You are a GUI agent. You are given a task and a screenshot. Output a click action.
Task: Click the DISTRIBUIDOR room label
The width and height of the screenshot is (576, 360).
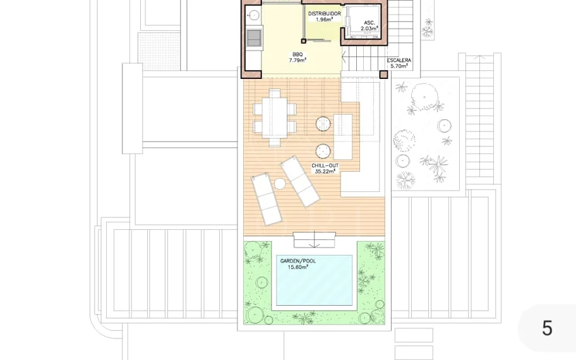click(325, 14)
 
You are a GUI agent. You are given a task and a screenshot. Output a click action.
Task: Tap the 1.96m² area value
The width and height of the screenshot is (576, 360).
click(324, 20)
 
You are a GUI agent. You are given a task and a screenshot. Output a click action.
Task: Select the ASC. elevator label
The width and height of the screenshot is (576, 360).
click(369, 23)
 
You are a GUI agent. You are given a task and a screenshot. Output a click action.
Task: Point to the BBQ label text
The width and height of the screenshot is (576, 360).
click(297, 54)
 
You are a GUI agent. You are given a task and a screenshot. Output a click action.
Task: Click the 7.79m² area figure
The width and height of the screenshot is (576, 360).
click(297, 60)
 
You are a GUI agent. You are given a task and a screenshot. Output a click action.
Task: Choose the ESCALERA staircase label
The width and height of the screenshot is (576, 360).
click(399, 60)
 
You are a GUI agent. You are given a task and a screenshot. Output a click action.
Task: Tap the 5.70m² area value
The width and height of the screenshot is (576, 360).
click(399, 66)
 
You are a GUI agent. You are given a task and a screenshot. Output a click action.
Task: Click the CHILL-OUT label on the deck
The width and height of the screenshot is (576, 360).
click(325, 165)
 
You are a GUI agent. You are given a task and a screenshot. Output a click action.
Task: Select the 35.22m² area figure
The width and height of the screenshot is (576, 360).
click(325, 171)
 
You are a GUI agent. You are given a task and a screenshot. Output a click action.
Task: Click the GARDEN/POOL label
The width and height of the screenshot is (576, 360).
click(298, 261)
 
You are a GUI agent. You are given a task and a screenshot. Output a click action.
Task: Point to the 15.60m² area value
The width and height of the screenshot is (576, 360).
click(298, 267)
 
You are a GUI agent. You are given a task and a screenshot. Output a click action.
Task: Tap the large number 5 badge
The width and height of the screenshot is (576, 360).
click(547, 328)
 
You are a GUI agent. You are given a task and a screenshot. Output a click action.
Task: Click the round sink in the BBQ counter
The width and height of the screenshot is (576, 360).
click(253, 15)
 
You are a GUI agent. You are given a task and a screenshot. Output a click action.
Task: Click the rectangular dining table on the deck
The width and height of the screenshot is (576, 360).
click(274, 117)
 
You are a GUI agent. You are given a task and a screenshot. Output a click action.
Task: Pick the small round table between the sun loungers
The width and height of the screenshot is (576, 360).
click(280, 184)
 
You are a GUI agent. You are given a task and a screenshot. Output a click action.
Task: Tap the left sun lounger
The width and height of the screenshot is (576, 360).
click(267, 199)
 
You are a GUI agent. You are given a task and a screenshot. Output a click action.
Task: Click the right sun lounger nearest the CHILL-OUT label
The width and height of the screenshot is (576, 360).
click(300, 181)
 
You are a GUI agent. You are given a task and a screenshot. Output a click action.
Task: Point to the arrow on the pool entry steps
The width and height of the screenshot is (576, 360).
click(314, 239)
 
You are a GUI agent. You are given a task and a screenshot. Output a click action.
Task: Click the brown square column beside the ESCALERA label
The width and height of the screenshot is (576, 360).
click(383, 75)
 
